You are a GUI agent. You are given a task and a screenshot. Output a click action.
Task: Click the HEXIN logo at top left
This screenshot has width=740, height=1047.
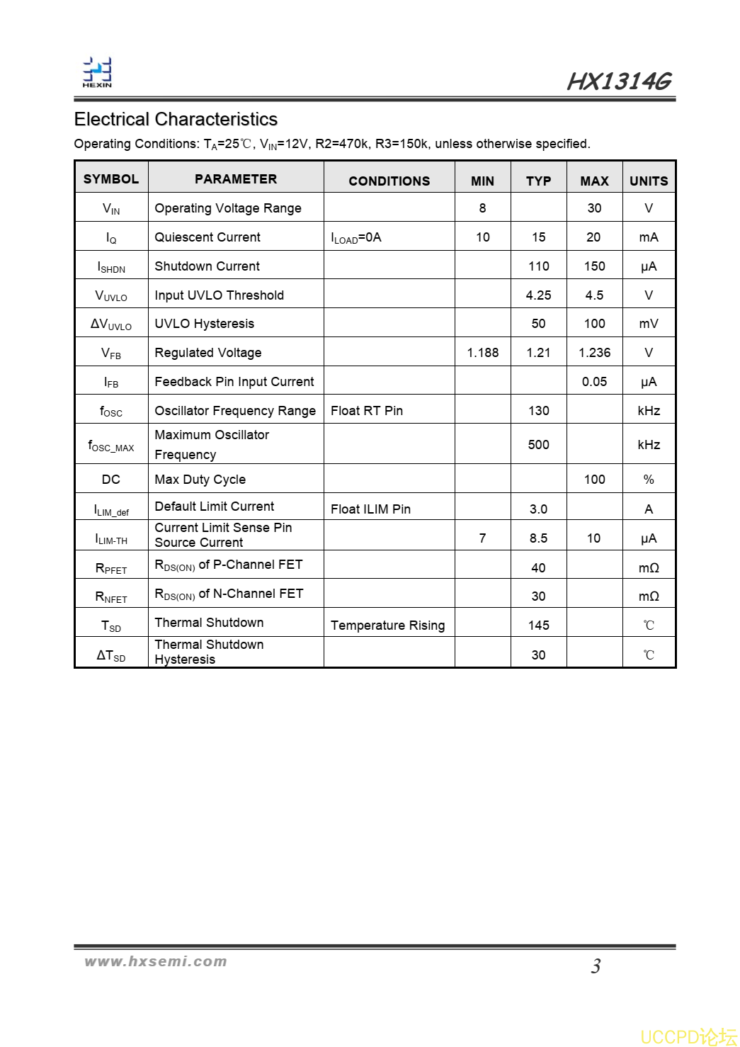97,72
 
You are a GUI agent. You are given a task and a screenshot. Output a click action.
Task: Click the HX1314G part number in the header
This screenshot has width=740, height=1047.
618,81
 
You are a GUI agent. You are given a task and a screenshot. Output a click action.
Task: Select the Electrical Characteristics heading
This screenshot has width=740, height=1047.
176,119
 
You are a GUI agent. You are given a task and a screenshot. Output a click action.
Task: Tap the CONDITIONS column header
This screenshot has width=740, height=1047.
389,181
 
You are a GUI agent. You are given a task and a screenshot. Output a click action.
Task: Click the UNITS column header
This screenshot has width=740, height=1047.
649,181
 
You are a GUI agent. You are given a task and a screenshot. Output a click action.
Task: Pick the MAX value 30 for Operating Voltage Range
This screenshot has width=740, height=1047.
594,208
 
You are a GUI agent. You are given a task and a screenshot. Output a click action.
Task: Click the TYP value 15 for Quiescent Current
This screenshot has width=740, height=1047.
538,237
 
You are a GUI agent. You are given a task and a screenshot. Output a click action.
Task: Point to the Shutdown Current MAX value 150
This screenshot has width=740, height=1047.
594,266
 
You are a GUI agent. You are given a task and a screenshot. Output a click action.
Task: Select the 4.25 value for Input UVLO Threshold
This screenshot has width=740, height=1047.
538,295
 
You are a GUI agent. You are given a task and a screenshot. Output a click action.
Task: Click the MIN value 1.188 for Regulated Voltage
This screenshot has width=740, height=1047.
482,353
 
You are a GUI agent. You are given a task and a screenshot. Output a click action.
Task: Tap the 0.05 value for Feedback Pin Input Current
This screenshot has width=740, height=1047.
594,382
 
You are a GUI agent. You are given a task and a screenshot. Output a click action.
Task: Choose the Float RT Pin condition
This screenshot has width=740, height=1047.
367,411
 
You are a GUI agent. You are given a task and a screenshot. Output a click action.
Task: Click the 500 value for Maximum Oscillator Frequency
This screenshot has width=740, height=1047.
538,444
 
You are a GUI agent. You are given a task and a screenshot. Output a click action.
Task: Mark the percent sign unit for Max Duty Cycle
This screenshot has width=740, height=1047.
649,480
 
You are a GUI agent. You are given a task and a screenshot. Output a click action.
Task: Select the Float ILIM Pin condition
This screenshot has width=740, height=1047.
370,509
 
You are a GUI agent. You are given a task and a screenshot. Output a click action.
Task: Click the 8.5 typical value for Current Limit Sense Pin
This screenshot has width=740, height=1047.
538,538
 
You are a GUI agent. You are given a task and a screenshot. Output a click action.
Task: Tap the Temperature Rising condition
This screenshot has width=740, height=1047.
387,626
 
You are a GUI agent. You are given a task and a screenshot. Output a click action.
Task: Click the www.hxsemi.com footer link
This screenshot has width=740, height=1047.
156,961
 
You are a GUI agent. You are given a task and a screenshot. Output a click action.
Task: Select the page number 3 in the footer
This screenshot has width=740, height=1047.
596,966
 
